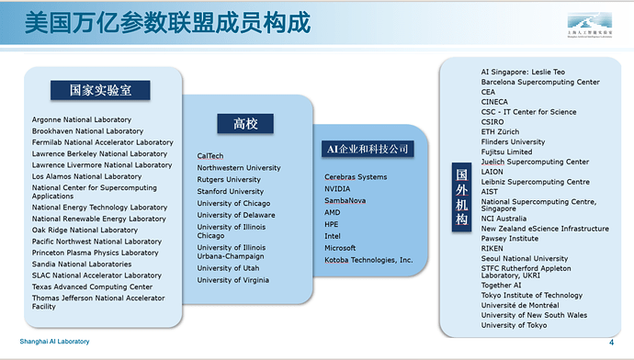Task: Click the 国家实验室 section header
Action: (x=100, y=90)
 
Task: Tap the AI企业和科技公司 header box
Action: (x=365, y=148)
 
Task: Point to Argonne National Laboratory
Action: (x=82, y=119)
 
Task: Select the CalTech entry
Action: (x=210, y=156)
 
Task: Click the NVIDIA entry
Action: (x=337, y=188)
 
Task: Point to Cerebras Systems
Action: (x=356, y=176)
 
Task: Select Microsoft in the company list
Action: (x=340, y=248)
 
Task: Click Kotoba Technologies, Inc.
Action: (x=369, y=260)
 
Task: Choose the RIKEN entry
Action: (x=493, y=248)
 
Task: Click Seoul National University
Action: (x=525, y=259)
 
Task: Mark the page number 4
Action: (x=612, y=342)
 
